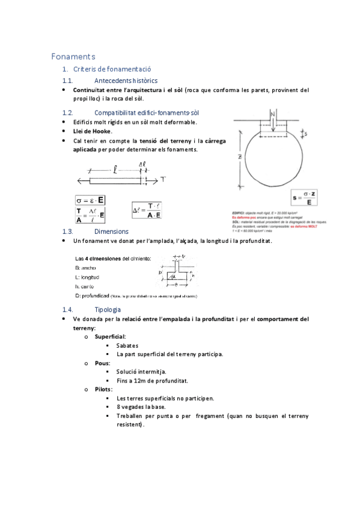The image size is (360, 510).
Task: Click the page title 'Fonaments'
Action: [x=73, y=57]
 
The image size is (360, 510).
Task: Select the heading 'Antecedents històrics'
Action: [x=126, y=80]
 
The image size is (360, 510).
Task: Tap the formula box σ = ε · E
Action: [x=90, y=200]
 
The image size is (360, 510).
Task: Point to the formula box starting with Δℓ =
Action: [x=146, y=210]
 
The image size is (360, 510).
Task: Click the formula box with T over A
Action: [x=90, y=214]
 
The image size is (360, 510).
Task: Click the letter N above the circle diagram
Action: [x=273, y=113]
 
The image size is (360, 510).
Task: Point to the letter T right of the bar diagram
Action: [x=163, y=180]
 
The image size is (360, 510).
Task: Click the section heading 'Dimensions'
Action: [x=111, y=231]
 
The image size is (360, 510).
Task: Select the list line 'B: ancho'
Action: [x=87, y=266]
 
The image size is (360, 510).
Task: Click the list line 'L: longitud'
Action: [x=87, y=277]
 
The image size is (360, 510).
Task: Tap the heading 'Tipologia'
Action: [x=108, y=309]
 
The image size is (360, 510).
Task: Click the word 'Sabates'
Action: [x=127, y=346]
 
